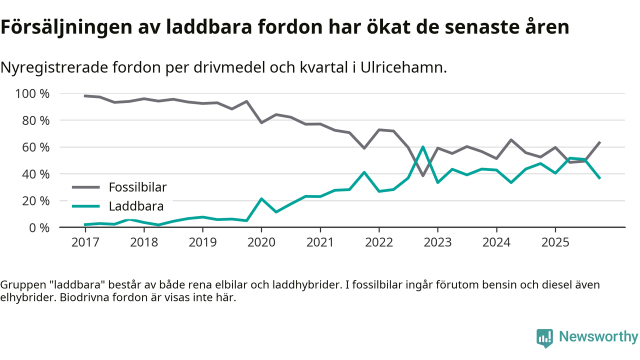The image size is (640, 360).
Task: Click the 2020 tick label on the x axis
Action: click(x=261, y=242)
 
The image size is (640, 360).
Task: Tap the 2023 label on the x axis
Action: click(x=437, y=242)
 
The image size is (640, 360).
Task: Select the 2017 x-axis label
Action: click(x=85, y=242)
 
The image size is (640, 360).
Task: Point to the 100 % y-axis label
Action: click(x=32, y=94)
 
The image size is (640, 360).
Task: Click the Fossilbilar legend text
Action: click(x=137, y=187)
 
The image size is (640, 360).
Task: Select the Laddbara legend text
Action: click(x=136, y=206)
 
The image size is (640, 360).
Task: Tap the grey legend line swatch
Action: click(x=86, y=187)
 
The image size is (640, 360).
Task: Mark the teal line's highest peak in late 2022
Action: click(x=423, y=147)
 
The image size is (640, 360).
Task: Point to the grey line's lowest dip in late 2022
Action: click(x=423, y=175)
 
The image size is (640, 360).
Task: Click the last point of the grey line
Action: click(x=599, y=142)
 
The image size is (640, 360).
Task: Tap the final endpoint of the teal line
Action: click(x=599, y=178)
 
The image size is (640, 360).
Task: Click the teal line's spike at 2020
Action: click(x=261, y=199)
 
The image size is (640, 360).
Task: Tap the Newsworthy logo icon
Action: click(x=544, y=338)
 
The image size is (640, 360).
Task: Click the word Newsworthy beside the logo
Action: click(x=598, y=337)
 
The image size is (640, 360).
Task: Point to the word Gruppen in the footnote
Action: click(x=18, y=285)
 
